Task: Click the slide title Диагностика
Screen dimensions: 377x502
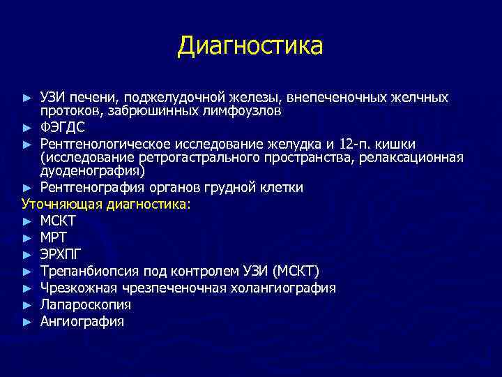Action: [x=250, y=46]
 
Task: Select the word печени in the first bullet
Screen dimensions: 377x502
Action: [x=87, y=97]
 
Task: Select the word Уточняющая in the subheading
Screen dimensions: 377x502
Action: [x=61, y=204]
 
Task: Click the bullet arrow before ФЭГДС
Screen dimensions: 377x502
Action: [x=26, y=128]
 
